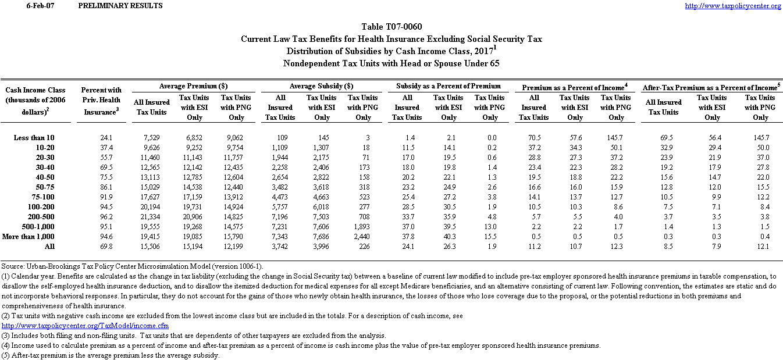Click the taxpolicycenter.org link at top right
point(733,6)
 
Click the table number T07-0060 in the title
point(402,27)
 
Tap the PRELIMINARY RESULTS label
point(120,6)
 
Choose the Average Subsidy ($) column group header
point(322,86)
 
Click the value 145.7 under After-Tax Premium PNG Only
point(760,138)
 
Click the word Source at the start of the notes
point(13,266)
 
